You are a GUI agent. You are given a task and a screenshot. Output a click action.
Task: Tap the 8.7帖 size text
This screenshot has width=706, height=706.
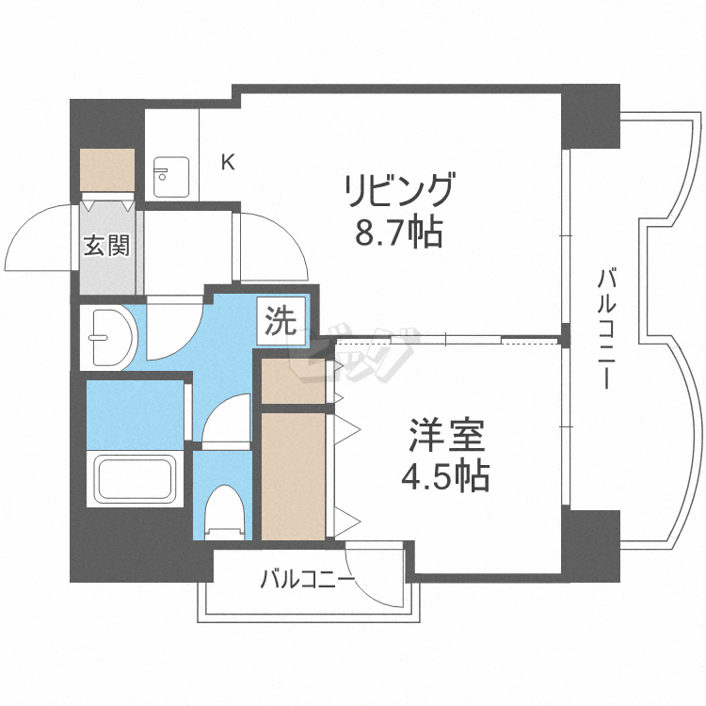[398, 233]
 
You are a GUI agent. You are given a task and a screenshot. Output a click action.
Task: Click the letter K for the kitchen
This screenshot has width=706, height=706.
[228, 162]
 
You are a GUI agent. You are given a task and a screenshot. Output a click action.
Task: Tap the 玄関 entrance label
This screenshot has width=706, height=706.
[106, 246]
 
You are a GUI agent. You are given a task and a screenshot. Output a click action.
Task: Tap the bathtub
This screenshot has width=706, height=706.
[131, 480]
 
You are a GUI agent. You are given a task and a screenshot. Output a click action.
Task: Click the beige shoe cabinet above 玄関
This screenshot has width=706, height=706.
[108, 170]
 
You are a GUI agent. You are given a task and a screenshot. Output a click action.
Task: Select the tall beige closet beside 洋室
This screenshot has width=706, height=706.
[293, 475]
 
